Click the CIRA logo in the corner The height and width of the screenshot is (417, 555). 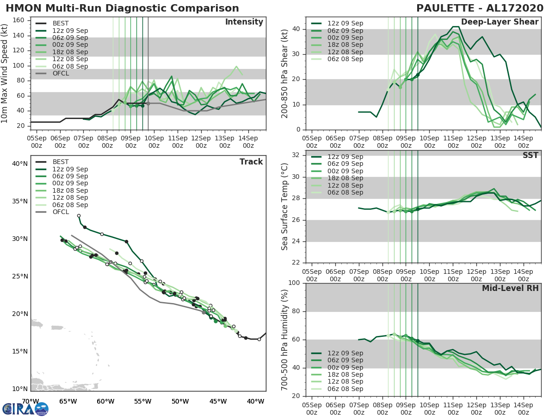[x=25, y=409]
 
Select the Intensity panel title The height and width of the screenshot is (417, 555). [x=244, y=22]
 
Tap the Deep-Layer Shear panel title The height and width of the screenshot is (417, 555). [x=499, y=22]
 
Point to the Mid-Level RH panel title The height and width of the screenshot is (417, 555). [x=510, y=288]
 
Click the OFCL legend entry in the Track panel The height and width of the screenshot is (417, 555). [x=61, y=212]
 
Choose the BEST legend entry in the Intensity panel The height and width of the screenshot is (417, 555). [x=61, y=24]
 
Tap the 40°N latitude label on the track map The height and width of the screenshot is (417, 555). [x=19, y=164]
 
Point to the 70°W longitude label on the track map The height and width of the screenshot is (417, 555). [x=30, y=401]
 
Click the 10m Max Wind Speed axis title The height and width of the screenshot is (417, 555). [x=6, y=74]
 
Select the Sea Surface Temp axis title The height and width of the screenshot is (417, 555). [x=285, y=207]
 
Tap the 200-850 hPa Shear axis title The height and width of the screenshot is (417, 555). [x=285, y=74]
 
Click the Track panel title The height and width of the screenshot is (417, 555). [x=251, y=162]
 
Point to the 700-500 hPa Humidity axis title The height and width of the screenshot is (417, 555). [x=285, y=340]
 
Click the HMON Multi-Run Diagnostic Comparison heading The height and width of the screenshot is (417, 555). [x=122, y=8]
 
